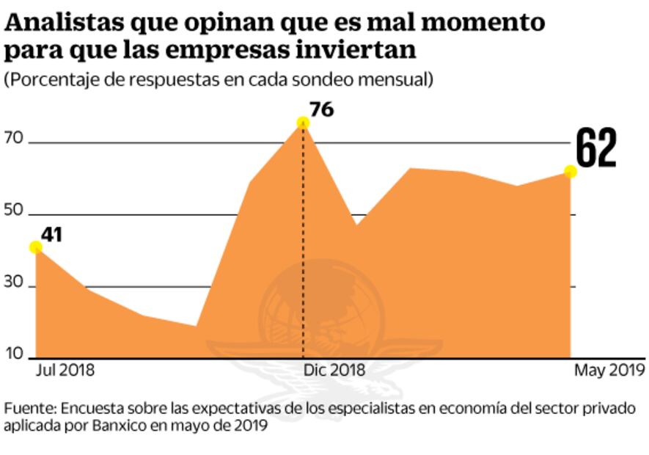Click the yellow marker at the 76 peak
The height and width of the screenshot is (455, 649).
[x=303, y=123]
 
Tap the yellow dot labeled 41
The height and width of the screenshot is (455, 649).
[x=35, y=247]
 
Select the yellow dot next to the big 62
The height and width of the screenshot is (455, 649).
[x=571, y=171]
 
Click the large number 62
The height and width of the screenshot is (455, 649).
[x=595, y=148]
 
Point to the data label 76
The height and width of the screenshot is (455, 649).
[x=321, y=110]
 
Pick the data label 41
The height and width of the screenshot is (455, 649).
[x=51, y=235]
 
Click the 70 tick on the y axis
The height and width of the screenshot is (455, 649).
[x=15, y=137]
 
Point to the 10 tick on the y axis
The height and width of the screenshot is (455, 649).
[x=15, y=354]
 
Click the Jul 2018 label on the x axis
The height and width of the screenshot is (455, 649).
[x=65, y=370]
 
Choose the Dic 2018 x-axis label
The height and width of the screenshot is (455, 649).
[x=334, y=370]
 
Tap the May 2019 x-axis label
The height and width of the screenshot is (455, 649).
[x=609, y=370]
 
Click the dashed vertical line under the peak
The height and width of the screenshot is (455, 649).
[x=303, y=242]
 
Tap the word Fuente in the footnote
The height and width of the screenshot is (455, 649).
[x=29, y=408]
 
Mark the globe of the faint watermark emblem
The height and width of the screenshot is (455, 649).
[x=323, y=308]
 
